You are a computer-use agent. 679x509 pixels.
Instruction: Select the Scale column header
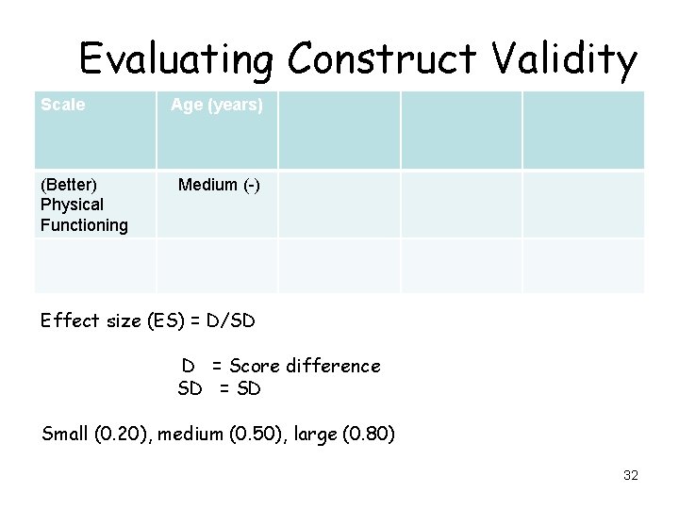[63, 105]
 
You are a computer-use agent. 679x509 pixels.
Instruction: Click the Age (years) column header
[217, 106]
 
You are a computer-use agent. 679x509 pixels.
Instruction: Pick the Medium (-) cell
[219, 185]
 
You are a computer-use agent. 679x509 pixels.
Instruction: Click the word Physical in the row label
[72, 205]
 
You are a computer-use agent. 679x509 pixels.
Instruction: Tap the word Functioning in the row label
[84, 225]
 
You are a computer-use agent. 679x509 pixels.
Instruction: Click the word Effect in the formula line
[69, 320]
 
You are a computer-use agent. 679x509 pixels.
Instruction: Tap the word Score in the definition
[253, 366]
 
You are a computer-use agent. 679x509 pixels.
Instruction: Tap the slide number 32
[631, 475]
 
